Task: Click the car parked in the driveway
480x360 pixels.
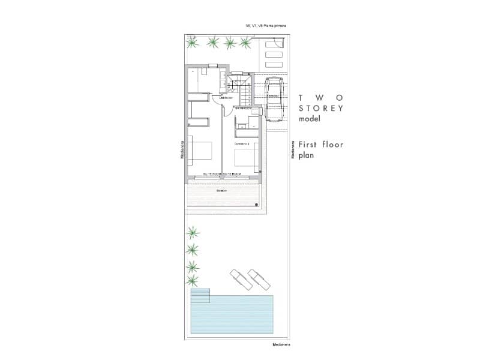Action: (x=274, y=99)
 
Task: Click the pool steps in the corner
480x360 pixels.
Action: (x=200, y=295)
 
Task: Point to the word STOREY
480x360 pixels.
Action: (x=321, y=109)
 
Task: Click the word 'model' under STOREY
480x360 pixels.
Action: (x=311, y=119)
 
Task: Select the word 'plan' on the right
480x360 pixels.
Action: (x=307, y=155)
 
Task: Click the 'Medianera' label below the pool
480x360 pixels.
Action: (x=280, y=345)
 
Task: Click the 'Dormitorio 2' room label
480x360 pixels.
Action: (x=242, y=144)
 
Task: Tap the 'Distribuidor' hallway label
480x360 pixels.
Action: (x=226, y=98)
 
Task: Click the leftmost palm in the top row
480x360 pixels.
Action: (x=192, y=43)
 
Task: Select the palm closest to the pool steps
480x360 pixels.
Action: (x=193, y=281)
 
